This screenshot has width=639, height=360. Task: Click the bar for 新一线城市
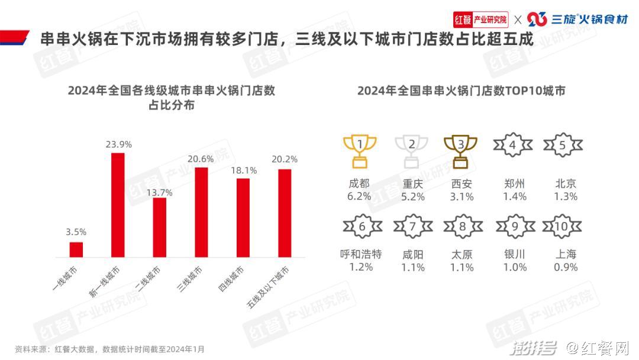click(x=118, y=205)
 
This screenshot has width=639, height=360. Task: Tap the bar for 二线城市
click(x=160, y=227)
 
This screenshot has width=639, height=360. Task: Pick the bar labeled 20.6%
click(x=201, y=213)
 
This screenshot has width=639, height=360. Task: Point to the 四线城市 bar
click(x=243, y=217)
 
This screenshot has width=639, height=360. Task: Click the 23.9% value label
click(x=118, y=144)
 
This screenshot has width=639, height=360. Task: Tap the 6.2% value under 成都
click(x=360, y=197)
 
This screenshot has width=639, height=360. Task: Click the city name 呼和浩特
click(x=360, y=254)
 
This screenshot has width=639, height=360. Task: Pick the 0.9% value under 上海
click(x=566, y=267)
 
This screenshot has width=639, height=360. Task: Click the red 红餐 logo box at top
click(x=463, y=19)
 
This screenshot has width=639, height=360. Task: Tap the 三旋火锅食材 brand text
click(x=589, y=20)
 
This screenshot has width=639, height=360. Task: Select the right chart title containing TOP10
click(x=461, y=91)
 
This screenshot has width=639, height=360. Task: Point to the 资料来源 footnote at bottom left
click(x=109, y=349)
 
